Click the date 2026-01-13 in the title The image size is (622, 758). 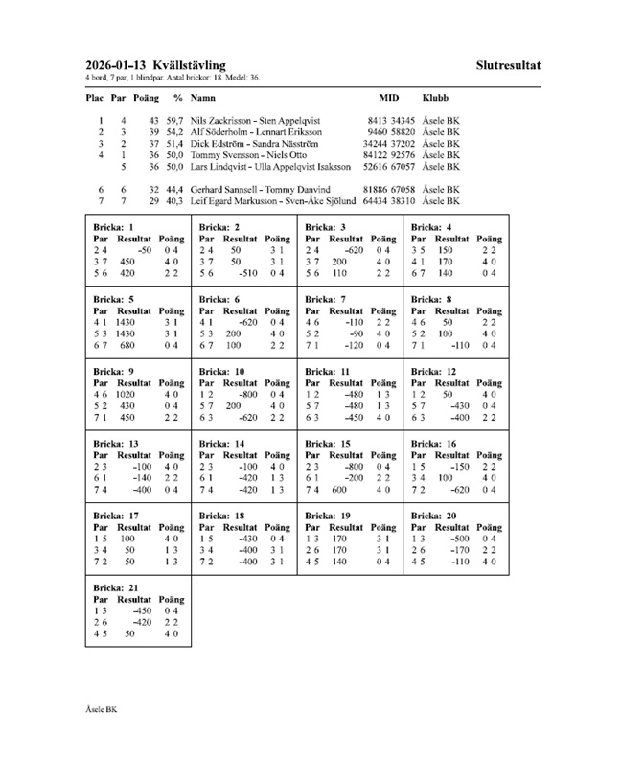pos(114,64)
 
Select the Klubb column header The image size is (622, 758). pos(435,98)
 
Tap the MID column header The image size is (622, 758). pos(389,98)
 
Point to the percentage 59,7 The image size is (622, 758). pos(174,120)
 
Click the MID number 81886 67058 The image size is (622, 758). pos(389,190)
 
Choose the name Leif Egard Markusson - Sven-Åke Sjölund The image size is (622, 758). pos(269,201)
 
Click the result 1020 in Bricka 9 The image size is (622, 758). pos(130,393)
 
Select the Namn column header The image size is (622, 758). pos(202,98)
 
